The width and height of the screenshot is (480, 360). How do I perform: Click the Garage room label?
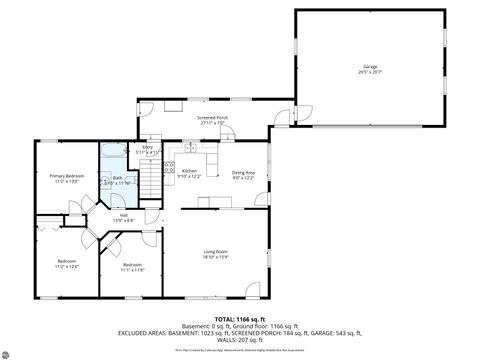[x=371, y=67]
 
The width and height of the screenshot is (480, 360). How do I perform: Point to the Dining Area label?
[x=244, y=171]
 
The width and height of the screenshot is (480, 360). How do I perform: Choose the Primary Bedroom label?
[x=66, y=175]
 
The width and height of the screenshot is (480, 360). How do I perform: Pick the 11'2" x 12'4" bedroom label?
[x=66, y=261]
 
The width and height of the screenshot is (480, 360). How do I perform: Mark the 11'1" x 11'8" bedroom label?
[x=132, y=265]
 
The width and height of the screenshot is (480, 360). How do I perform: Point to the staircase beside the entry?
[x=150, y=180]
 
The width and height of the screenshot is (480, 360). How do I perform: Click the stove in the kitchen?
[x=169, y=166]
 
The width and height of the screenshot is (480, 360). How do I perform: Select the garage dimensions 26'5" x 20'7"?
[x=371, y=73]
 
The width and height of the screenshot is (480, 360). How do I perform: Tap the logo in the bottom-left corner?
[x=10, y=351]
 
